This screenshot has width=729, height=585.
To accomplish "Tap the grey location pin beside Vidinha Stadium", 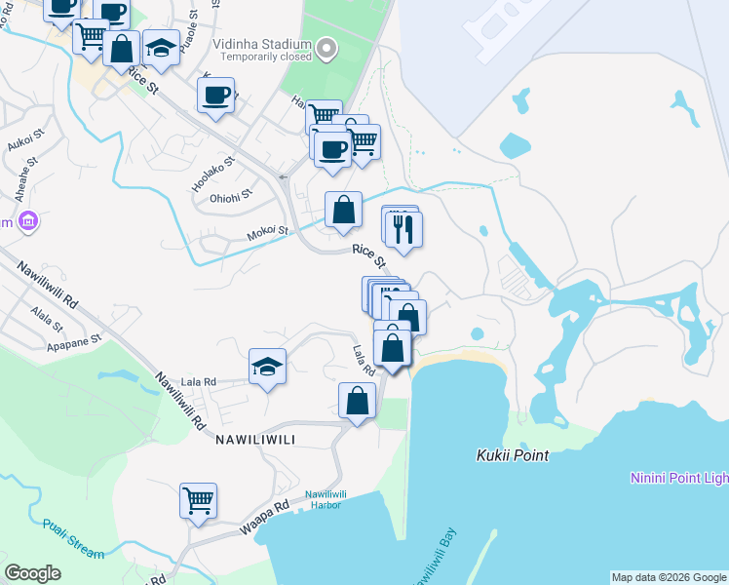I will [327, 48].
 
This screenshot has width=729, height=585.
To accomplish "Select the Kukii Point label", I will [513, 455].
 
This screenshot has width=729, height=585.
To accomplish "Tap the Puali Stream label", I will [73, 538].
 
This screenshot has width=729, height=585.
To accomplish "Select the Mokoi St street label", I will [268, 232].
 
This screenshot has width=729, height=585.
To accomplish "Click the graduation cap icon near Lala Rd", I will [268, 367].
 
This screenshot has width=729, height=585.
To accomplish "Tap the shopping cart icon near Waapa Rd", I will [198, 500].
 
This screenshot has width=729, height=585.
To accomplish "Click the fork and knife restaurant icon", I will [403, 229].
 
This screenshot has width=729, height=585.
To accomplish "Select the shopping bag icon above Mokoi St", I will [343, 210].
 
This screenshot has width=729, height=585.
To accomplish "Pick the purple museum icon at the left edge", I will [27, 222].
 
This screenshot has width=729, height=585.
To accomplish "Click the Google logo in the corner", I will [33, 572].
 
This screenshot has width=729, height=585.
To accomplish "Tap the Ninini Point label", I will [678, 478].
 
